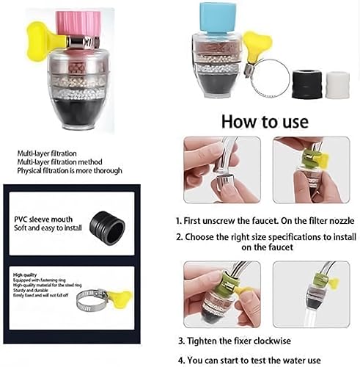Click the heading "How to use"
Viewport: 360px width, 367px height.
point(264,120)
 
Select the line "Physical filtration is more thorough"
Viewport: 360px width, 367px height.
point(69,170)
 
